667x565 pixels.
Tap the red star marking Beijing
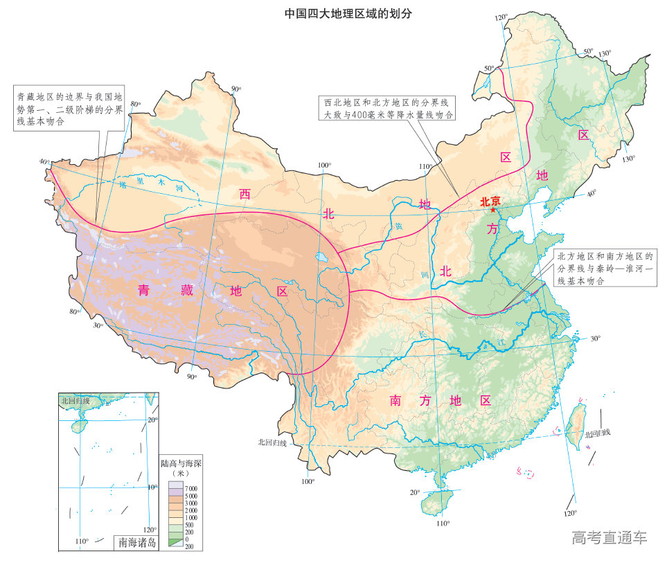pos(492,210)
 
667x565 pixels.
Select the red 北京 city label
pos(490,201)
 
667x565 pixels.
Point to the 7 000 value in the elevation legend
pos(190,489)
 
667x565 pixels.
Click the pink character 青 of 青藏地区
pos(143,291)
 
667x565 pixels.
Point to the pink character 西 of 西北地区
pos(244,194)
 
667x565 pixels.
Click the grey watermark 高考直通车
pos(609,537)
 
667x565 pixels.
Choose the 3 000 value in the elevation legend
pos(190,503)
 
